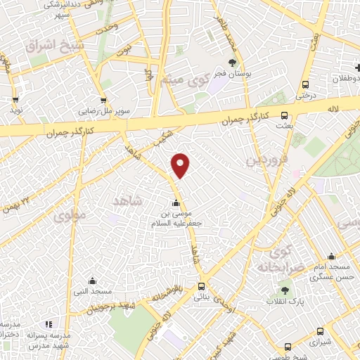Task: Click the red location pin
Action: pos(181,165)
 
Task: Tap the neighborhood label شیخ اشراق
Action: pos(45,46)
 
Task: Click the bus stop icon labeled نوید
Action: pos(15,100)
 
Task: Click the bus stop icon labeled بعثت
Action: pos(284,115)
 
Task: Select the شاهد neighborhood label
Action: pos(127,200)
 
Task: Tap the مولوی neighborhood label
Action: pos(70,213)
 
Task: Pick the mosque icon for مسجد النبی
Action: pos(78,280)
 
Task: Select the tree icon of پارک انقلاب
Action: pos(285,289)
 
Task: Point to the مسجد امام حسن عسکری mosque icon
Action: pos(331,257)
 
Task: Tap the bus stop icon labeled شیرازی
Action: pos(321,331)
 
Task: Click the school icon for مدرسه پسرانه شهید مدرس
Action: pos(49,324)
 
